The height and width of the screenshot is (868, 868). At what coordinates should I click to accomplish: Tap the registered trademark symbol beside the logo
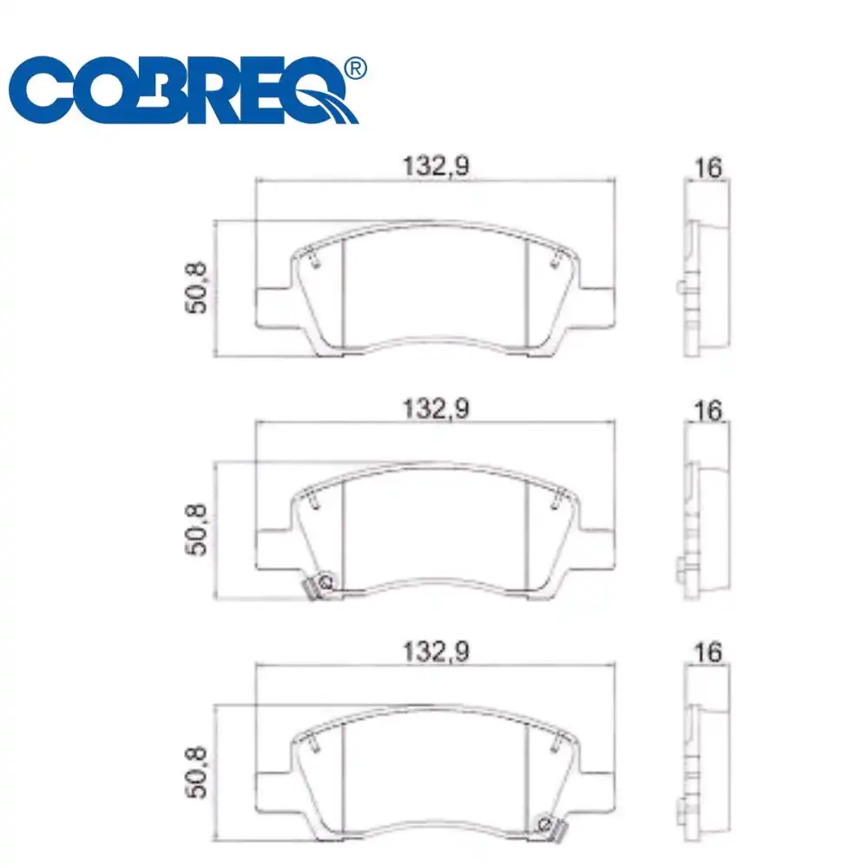click(355, 68)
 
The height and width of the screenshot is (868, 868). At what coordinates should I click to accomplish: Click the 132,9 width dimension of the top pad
click(435, 167)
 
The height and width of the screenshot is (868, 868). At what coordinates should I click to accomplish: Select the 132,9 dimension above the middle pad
click(435, 409)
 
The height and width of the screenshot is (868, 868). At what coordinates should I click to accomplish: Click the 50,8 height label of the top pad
click(198, 289)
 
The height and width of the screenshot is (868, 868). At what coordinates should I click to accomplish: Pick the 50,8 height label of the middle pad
click(198, 531)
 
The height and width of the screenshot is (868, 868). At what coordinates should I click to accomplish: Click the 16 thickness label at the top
click(708, 168)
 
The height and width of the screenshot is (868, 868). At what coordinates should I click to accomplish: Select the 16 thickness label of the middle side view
click(708, 410)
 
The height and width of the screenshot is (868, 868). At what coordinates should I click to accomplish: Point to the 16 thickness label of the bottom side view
click(708, 652)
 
